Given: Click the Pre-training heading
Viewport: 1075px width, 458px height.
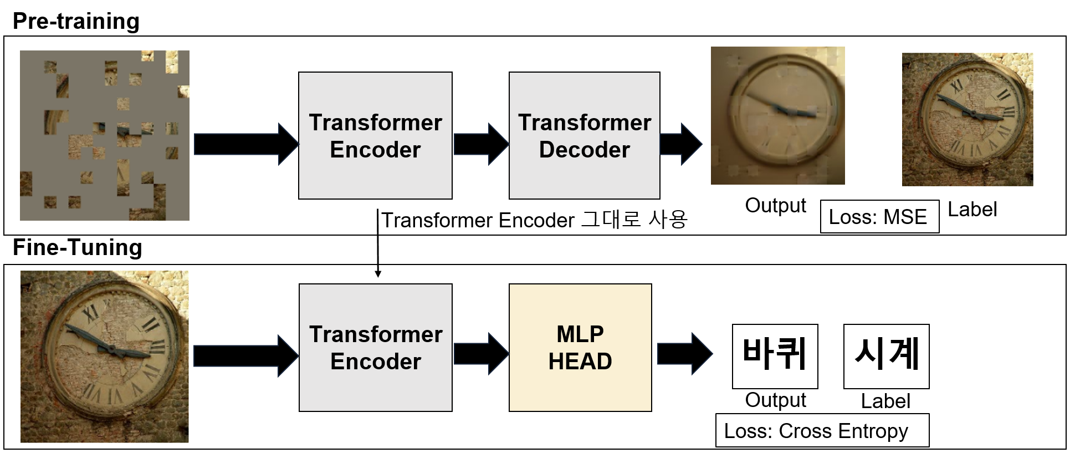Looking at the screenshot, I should click(x=76, y=22).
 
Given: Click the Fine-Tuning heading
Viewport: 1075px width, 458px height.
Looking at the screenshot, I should click(x=77, y=247).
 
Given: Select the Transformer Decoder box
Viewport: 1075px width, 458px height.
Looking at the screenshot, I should click(x=584, y=135).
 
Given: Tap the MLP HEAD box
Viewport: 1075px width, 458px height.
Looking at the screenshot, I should click(x=580, y=348).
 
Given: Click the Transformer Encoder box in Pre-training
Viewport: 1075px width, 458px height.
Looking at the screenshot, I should click(x=375, y=135).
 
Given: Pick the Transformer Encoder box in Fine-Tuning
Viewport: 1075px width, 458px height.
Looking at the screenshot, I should click(x=375, y=348).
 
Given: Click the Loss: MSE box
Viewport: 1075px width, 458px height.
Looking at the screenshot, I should click(x=879, y=217).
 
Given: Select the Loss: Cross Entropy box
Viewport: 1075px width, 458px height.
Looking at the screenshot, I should click(x=822, y=431).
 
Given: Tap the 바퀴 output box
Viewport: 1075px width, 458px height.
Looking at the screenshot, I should click(x=775, y=356).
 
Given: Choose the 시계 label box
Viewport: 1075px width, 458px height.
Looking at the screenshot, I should click(x=886, y=356).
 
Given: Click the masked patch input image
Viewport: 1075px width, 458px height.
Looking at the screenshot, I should click(x=105, y=135).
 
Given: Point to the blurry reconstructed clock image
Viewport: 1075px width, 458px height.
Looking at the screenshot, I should click(x=777, y=115).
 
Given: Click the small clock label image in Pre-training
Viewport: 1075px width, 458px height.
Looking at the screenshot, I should click(x=967, y=119).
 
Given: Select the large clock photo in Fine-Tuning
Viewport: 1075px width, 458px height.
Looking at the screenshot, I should click(x=105, y=356).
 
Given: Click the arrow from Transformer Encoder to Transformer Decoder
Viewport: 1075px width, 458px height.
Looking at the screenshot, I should click(x=480, y=144).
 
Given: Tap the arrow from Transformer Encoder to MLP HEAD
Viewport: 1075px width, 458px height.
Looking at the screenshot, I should click(x=480, y=354).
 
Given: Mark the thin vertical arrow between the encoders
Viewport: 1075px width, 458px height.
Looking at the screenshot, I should click(x=378, y=244).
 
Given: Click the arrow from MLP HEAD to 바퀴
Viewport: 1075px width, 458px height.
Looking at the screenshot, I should click(x=684, y=354).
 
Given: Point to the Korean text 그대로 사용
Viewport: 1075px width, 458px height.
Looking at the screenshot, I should click(x=634, y=220).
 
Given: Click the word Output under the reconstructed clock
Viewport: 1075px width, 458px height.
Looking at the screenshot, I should click(x=775, y=205).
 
